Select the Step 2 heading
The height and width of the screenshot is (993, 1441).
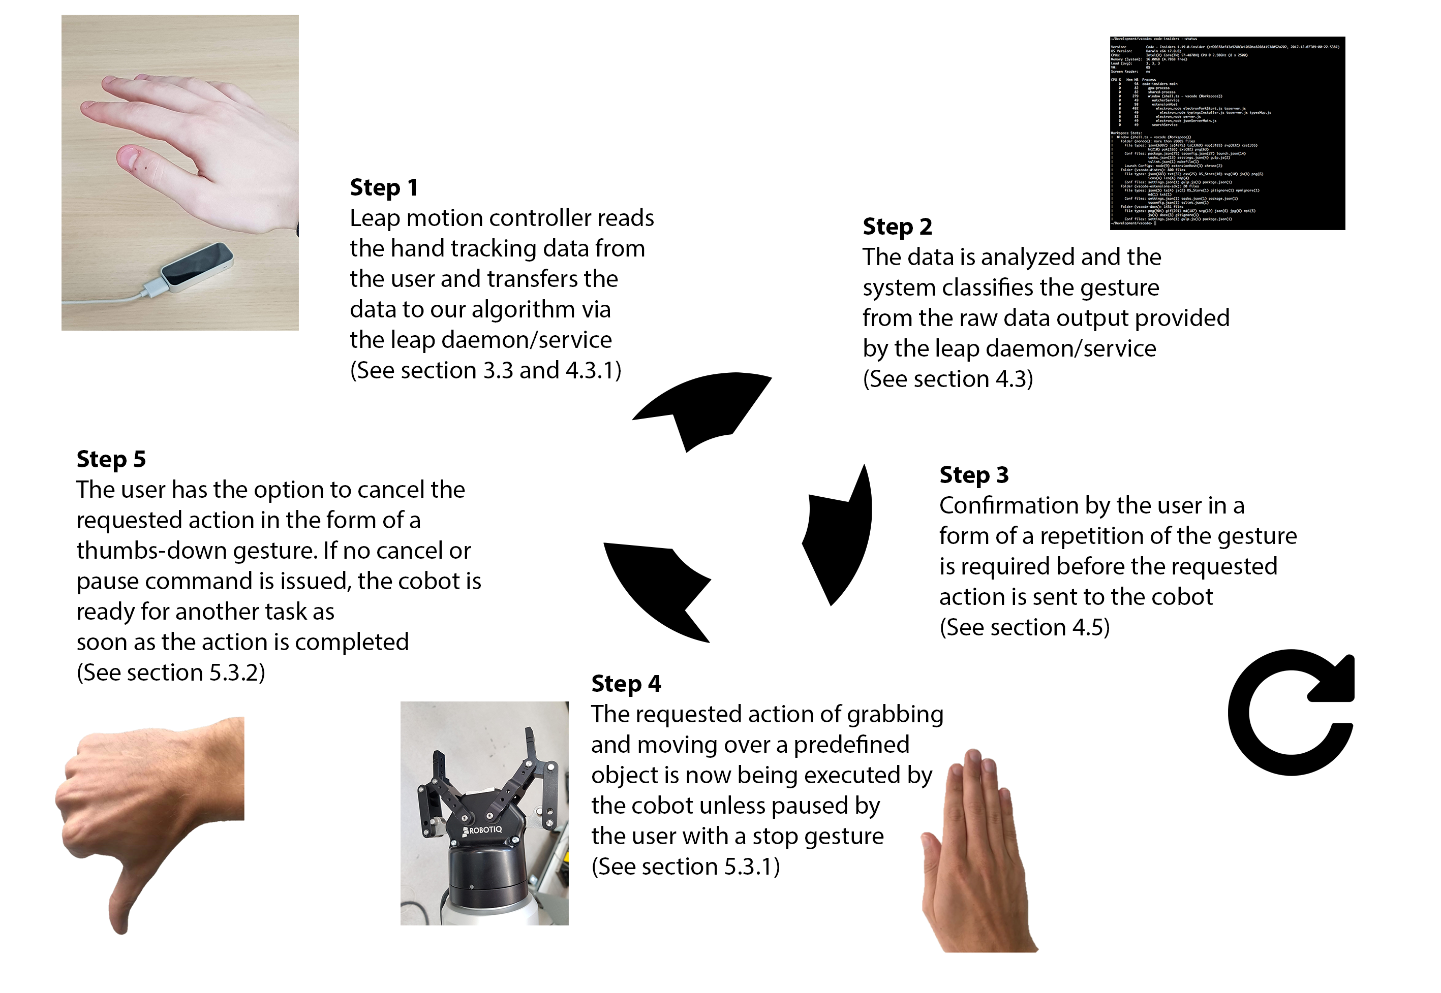tap(897, 227)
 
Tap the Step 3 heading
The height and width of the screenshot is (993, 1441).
tap(973, 475)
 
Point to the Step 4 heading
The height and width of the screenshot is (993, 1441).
tap(626, 683)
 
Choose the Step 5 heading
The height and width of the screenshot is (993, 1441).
tap(111, 459)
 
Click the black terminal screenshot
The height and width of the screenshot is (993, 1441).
tap(1227, 133)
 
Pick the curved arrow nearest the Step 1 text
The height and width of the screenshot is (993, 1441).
tap(703, 407)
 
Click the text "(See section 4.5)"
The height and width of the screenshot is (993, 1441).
tap(1024, 627)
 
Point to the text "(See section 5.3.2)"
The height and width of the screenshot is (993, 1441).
tap(171, 672)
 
